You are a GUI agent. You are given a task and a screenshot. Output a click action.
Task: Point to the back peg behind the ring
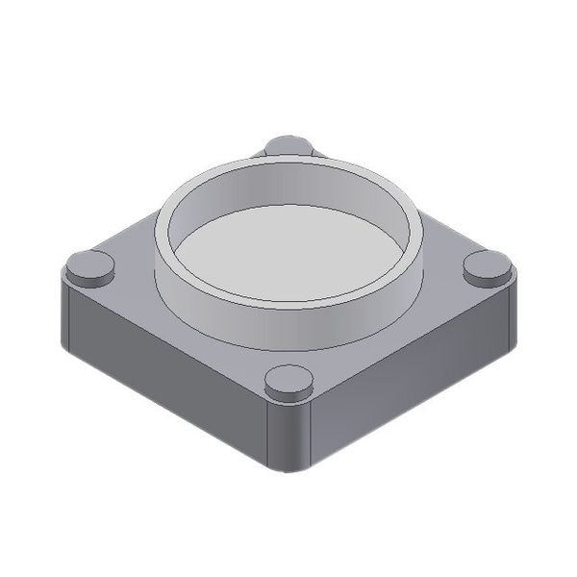coord(288,145)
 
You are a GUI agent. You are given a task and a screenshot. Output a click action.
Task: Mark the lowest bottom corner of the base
coord(288,472)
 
